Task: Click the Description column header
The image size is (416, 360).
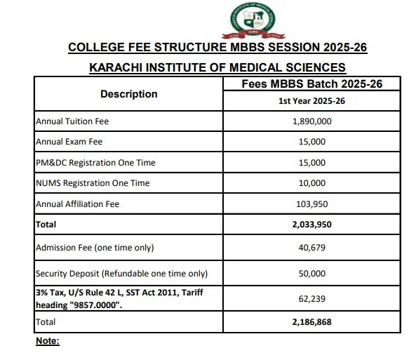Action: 128,94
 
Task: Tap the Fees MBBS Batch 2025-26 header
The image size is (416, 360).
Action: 311,84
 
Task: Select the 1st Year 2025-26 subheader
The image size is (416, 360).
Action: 311,101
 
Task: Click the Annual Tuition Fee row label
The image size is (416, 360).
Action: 72,121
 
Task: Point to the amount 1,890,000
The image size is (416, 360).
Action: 311,121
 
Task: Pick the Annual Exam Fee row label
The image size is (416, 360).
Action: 69,142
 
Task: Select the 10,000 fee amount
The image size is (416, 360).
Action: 311,183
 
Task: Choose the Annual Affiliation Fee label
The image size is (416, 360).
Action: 77,204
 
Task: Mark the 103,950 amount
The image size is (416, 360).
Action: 311,204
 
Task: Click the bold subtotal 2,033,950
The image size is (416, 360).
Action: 311,225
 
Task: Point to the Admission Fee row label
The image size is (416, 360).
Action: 94,247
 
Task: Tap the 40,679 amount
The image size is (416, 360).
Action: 311,247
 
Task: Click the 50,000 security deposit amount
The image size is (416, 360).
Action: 311,273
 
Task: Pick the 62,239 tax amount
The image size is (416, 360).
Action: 311,298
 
